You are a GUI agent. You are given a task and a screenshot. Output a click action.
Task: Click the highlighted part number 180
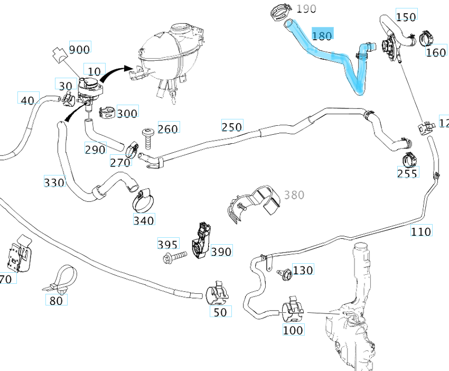322,35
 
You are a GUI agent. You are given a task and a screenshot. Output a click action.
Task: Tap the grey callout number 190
306,8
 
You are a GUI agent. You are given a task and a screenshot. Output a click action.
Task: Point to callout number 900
79,49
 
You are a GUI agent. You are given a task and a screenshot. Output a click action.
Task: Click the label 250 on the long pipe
231,127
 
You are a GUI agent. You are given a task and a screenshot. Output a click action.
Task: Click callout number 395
167,244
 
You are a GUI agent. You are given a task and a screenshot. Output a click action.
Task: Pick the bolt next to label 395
175,257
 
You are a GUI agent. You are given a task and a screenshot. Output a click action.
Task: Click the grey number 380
294,195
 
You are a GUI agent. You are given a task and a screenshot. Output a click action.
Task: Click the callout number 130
303,270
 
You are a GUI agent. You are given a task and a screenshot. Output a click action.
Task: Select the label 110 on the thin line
421,231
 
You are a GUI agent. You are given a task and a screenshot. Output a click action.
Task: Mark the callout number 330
54,182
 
